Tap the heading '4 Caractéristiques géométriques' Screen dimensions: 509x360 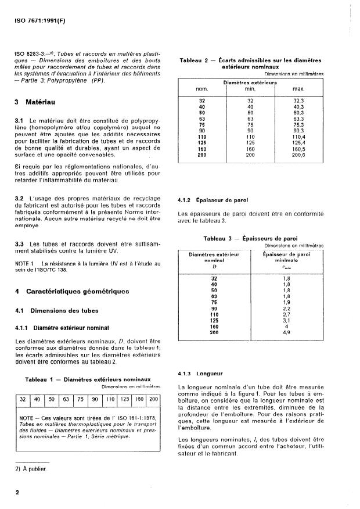72,291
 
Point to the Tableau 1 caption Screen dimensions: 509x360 88,379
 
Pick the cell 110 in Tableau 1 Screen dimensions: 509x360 110,400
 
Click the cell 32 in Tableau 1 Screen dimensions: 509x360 23,400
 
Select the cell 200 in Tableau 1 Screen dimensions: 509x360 153,400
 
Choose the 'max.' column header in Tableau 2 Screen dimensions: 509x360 298,89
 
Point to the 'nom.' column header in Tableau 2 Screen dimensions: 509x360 201,89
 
